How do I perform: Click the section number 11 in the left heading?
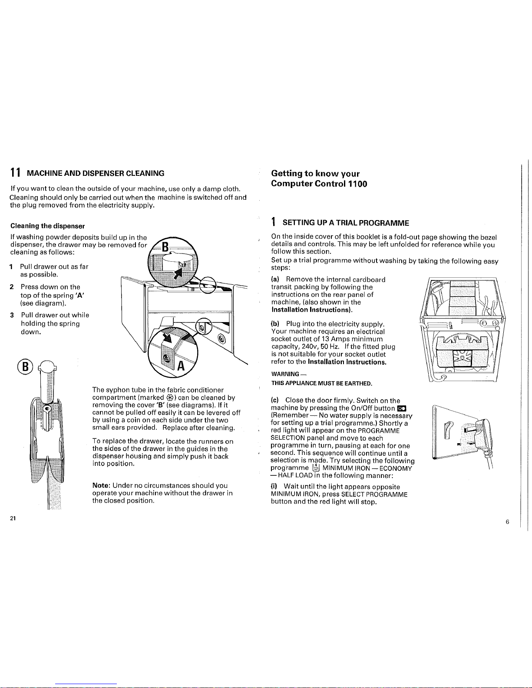[x=16, y=173]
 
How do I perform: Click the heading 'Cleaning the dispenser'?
[x=47, y=226]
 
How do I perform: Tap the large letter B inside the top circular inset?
[x=165, y=247]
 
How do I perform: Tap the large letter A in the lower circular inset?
[x=181, y=365]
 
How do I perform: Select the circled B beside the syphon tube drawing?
[x=25, y=367]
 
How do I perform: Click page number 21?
[x=13, y=518]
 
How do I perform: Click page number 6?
[x=507, y=522]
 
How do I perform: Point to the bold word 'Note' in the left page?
[x=100, y=485]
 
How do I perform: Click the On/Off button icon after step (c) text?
[x=402, y=408]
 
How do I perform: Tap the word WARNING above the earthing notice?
[x=285, y=374]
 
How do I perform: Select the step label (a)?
[x=275, y=279]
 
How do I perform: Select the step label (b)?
[x=275, y=323]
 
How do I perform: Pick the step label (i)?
[x=274, y=487]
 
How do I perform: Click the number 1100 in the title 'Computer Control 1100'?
[x=357, y=184]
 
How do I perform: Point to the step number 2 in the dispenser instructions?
[x=12, y=287]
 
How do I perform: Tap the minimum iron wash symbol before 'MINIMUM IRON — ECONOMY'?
[x=316, y=468]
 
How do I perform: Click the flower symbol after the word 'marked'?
[x=170, y=398]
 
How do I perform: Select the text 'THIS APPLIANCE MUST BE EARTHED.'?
[x=322, y=383]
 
